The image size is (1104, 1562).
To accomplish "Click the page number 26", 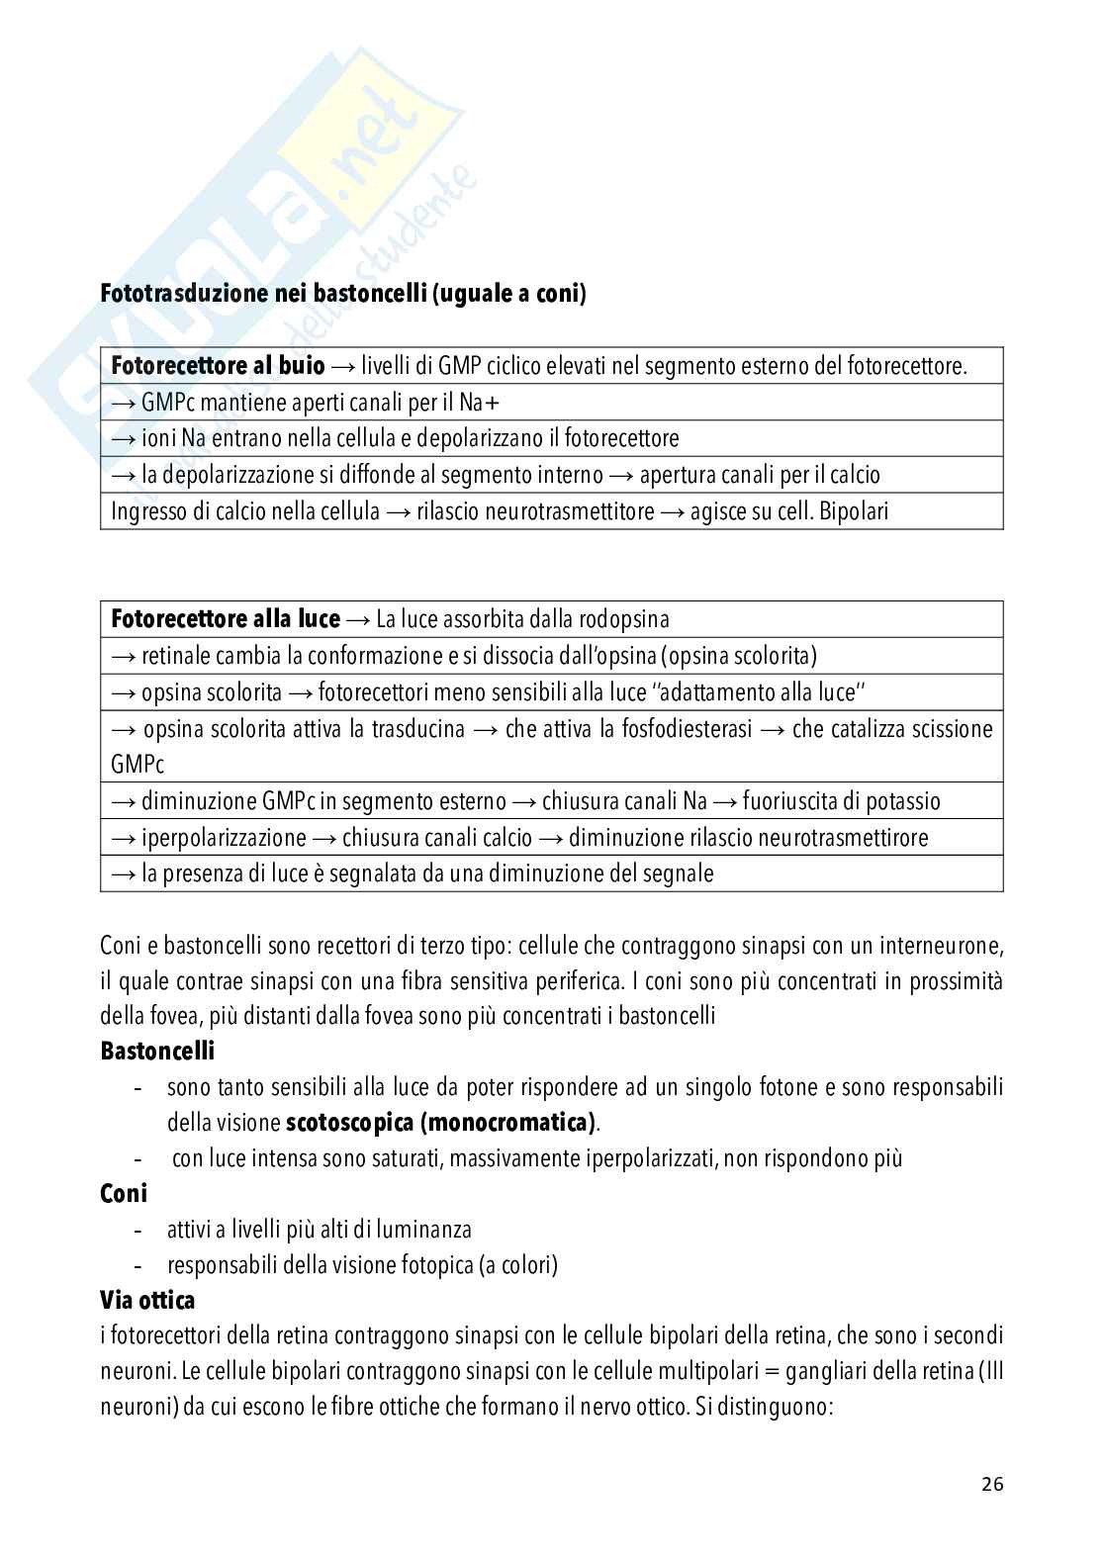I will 992,1484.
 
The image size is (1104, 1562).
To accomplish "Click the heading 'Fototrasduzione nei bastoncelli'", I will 264,294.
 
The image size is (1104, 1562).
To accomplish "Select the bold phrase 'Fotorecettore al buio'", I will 218,366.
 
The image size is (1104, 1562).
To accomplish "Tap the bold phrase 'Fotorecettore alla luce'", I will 226,619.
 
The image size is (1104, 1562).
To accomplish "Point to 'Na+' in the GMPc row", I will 487,403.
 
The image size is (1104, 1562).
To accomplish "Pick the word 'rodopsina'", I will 625,620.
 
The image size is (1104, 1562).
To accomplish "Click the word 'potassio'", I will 896,801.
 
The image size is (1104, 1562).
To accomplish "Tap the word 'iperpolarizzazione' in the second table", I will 224,838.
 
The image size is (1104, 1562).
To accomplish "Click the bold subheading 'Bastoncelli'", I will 157,1051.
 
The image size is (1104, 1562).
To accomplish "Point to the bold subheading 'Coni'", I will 124,1193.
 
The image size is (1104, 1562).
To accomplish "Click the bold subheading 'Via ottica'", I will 147,1300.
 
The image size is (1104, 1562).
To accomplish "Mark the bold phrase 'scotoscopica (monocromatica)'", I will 441,1123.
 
